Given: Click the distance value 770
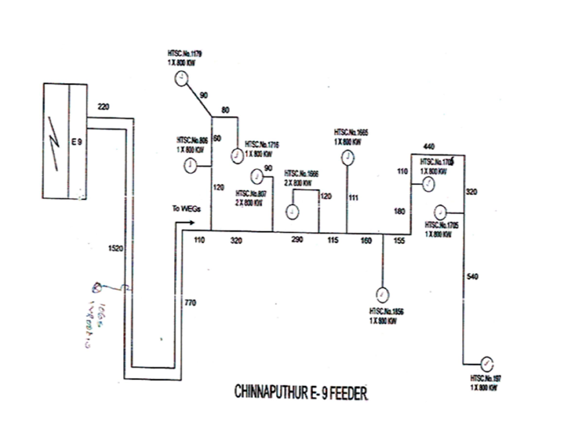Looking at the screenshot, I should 191,303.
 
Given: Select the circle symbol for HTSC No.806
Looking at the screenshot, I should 191,165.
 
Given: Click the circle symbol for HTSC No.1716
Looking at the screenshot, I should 237,155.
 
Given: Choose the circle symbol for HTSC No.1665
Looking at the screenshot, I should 347,158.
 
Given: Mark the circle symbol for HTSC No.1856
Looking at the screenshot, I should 382,295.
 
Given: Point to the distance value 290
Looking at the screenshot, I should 297,240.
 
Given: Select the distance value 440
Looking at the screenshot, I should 429,146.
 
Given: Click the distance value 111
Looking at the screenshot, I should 354,198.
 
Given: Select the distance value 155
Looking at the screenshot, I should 399,240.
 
